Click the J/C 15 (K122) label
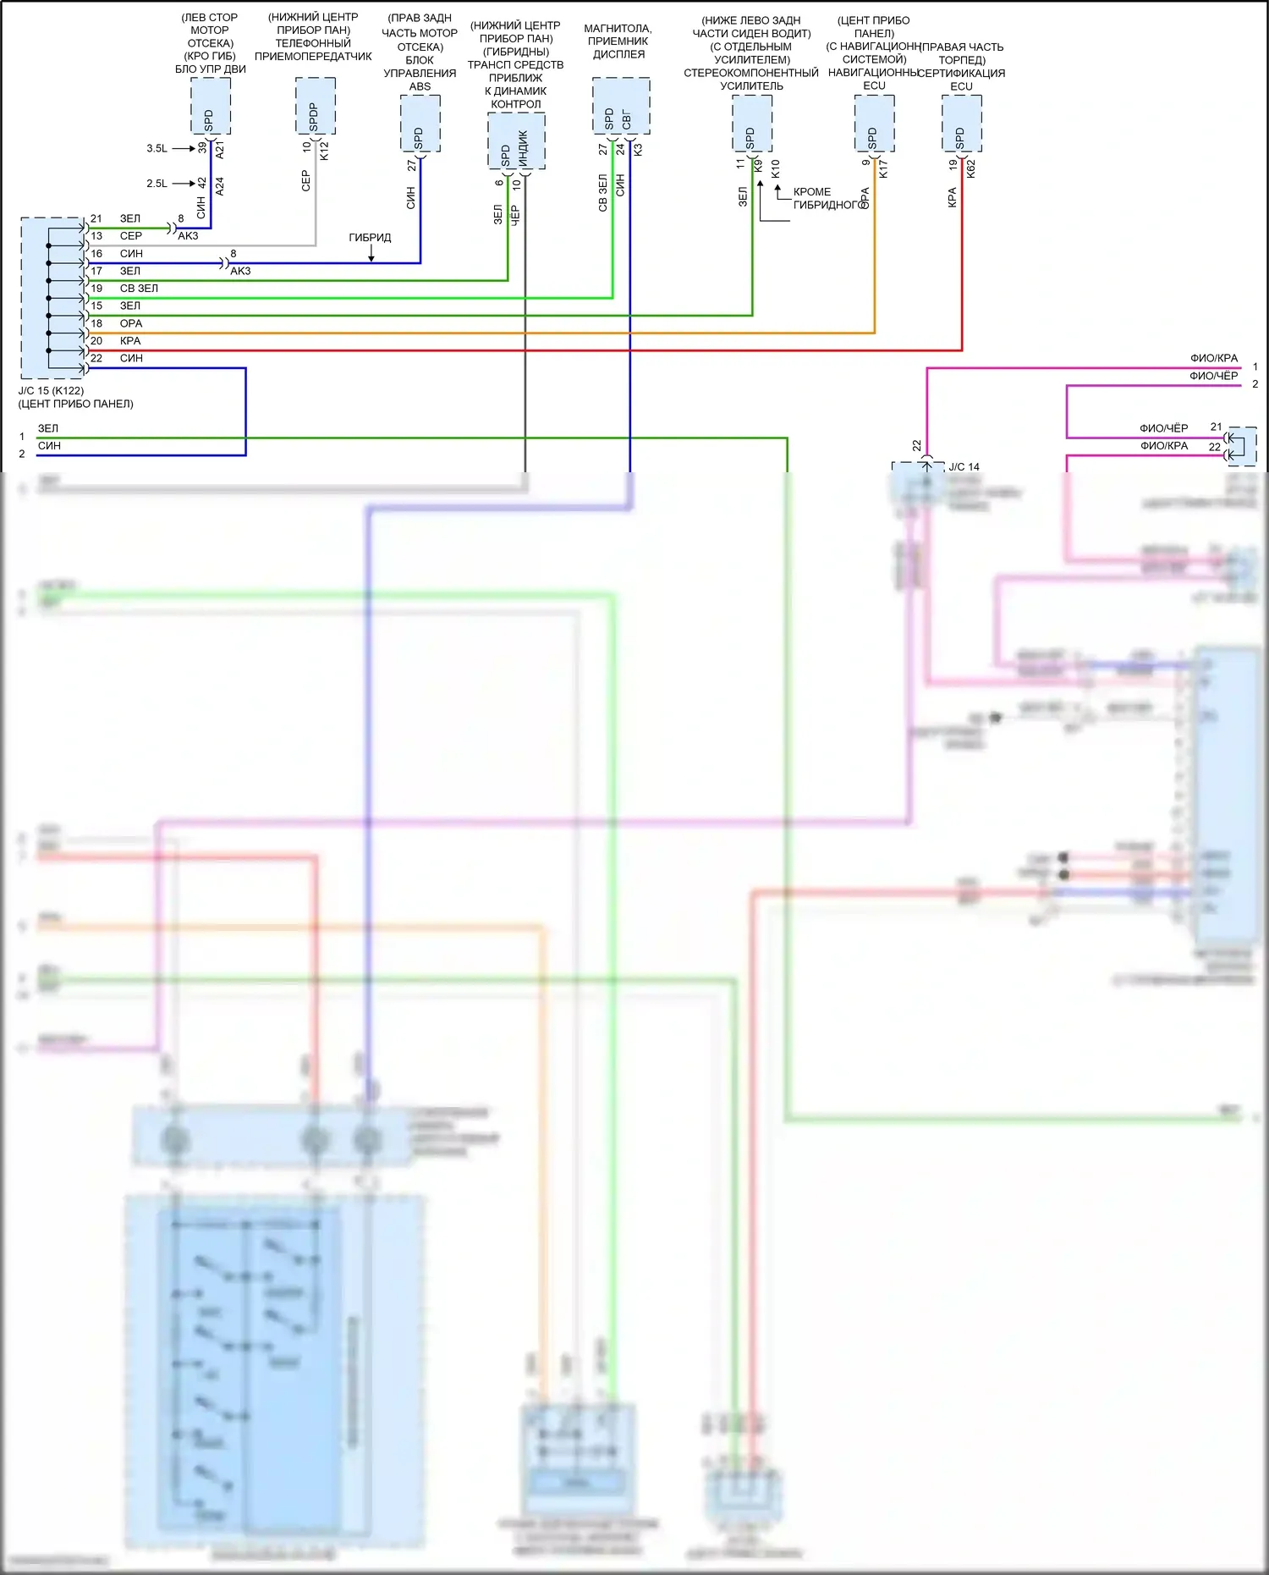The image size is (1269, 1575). [x=51, y=391]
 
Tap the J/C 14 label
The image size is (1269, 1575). [x=964, y=467]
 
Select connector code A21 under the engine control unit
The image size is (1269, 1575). [x=220, y=151]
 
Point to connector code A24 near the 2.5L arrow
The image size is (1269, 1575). [x=220, y=186]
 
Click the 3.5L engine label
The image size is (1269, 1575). [x=157, y=149]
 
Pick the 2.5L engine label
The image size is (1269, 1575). [x=157, y=184]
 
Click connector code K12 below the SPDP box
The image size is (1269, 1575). [x=324, y=151]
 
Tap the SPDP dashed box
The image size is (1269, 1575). [x=316, y=106]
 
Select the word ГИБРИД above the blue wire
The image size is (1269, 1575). [x=370, y=238]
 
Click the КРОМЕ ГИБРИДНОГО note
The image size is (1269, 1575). [x=825, y=198]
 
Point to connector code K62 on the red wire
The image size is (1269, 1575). [x=971, y=168]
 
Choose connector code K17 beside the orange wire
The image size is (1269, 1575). [x=883, y=168]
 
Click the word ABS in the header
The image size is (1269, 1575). [x=420, y=86]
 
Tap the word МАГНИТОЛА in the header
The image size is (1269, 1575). [x=618, y=29]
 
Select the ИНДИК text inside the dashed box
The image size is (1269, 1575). [x=524, y=148]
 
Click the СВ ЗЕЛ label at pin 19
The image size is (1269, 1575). [x=139, y=289]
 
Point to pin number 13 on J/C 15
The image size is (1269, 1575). [x=96, y=236]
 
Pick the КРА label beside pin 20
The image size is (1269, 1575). [x=130, y=341]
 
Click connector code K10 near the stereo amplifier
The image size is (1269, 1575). [x=776, y=168]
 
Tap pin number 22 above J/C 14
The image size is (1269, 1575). [x=916, y=445]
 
